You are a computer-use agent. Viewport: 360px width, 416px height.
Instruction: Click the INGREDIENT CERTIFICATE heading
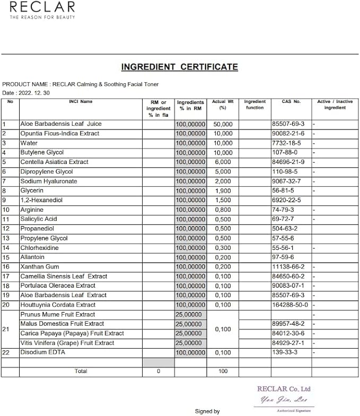pos(179,67)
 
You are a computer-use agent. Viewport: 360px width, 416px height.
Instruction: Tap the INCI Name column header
pos(81,101)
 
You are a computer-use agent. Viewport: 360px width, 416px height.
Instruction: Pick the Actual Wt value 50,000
pos(223,124)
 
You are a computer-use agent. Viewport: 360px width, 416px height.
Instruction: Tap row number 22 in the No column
pos(6,352)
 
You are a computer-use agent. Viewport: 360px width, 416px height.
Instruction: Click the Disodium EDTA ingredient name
pos(42,352)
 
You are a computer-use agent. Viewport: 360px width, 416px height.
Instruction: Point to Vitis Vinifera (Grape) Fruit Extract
pos(67,343)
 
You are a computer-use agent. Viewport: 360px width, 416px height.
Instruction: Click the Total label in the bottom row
pos(81,371)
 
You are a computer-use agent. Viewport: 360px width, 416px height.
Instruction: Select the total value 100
pos(223,371)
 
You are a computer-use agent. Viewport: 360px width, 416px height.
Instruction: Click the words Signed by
pos(207,411)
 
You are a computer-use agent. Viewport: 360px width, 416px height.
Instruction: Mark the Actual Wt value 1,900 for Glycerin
pos(223,191)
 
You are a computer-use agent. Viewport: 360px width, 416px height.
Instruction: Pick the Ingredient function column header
pos(254,105)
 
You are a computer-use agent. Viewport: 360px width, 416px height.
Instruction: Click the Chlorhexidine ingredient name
pos(39,248)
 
